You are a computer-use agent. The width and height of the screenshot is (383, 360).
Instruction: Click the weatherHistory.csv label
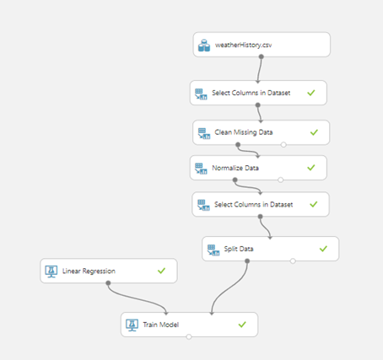pos(244,45)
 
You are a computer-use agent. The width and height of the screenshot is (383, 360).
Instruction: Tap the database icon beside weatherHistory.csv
pos(204,46)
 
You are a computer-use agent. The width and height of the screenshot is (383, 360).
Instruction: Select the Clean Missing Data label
pos(244,132)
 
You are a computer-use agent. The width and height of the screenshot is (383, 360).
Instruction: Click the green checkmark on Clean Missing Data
pos(314,132)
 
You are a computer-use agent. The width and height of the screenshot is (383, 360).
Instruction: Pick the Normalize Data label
pos(235,168)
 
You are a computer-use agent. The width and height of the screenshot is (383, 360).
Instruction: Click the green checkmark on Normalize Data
pos(311,168)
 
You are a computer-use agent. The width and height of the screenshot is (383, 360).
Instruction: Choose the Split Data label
pos(239,249)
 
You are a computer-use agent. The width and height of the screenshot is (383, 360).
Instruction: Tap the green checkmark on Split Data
pos(323,249)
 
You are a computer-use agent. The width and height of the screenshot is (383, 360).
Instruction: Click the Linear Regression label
pos(89,271)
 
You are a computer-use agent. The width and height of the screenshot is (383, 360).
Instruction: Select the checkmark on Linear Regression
pos(161,271)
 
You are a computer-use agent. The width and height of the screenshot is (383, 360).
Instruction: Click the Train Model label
pos(160,325)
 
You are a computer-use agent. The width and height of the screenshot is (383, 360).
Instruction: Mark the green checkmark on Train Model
pos(242,325)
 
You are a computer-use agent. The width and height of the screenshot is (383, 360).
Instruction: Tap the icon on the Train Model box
pos(132,325)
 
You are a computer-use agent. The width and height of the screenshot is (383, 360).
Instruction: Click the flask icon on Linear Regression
pos(51,271)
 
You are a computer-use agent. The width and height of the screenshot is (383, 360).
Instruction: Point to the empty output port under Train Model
pos(189,336)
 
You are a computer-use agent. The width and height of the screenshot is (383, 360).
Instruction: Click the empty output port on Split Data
pos(293,261)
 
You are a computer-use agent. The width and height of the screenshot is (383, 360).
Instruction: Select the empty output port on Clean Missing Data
pos(283,145)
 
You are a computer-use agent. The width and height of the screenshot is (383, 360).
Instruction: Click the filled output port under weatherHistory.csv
pos(262,56)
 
